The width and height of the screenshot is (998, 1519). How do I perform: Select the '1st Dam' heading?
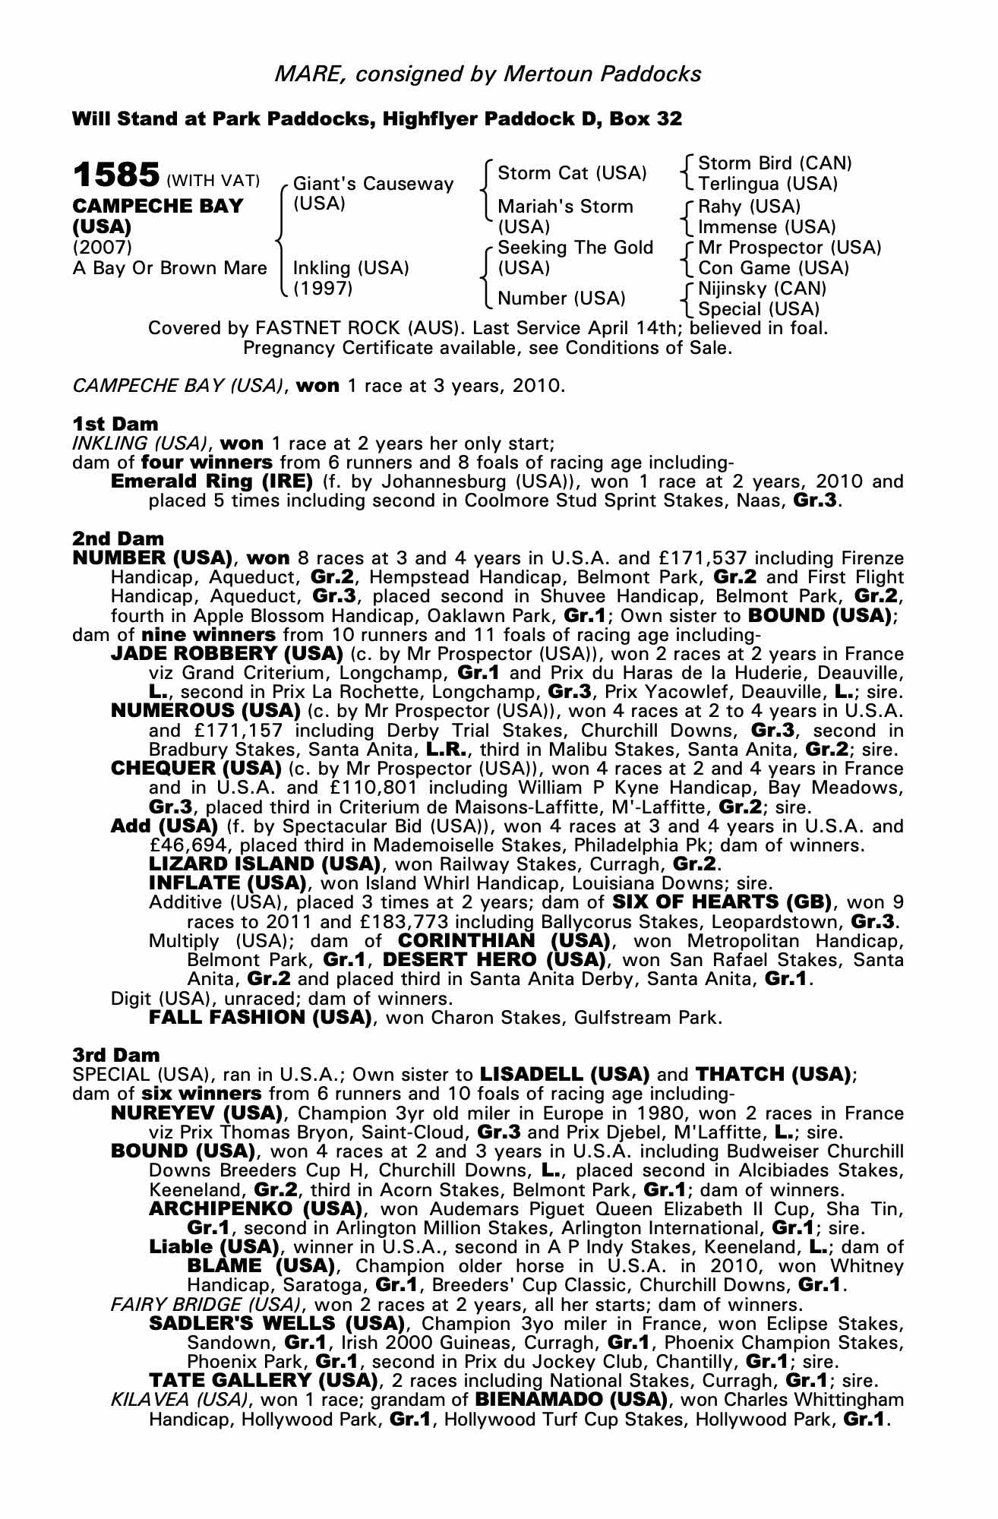[x=115, y=424]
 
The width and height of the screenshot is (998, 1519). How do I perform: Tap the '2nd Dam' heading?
[x=118, y=538]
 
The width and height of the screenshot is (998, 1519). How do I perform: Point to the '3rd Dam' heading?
[x=116, y=1055]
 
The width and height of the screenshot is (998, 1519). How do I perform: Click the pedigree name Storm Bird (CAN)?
[x=775, y=163]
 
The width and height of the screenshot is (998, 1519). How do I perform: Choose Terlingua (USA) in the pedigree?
[x=767, y=184]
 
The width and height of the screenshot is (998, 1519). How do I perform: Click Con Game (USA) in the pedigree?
[x=773, y=268]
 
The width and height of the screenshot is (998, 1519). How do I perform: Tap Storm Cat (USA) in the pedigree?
[x=572, y=173]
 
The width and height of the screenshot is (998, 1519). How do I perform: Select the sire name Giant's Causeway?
[x=373, y=184]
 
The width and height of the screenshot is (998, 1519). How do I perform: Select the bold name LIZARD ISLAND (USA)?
[x=264, y=864]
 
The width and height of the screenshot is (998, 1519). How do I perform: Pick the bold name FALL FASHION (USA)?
[x=260, y=1018]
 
